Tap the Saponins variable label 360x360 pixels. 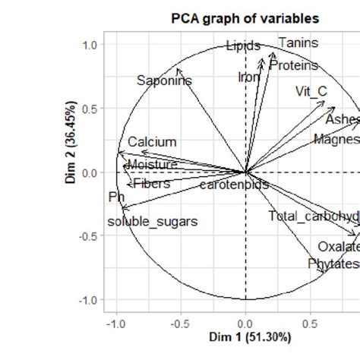[164, 81]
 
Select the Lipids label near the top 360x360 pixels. [243, 46]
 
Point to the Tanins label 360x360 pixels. [298, 43]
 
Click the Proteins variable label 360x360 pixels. [293, 66]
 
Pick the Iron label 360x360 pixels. [248, 77]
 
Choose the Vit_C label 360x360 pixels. [311, 92]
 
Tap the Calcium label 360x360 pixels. [152, 142]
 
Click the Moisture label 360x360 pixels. [152, 165]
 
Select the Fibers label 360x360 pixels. [151, 184]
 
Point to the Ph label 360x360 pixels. [116, 197]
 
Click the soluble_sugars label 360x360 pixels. [153, 222]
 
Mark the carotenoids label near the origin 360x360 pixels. [234, 185]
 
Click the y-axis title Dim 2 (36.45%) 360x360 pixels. [71, 173]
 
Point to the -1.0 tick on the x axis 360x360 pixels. [115, 323]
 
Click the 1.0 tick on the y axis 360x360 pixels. [90, 45]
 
